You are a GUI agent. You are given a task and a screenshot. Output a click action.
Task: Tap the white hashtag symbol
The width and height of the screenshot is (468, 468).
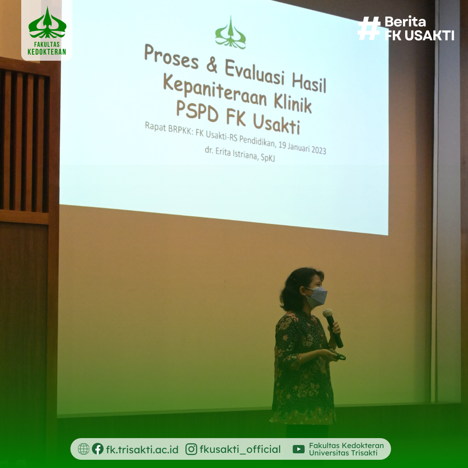coord(369,28)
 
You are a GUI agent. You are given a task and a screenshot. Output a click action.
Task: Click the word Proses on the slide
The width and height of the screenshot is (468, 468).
coord(171,56)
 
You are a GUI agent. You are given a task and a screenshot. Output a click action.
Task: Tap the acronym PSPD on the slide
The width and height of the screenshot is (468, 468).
coord(197,111)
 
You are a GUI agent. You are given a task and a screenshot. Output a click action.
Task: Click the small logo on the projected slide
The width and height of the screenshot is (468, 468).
coord(231,33)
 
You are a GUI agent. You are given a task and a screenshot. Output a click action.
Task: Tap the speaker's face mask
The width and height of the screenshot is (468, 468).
coord(317,297)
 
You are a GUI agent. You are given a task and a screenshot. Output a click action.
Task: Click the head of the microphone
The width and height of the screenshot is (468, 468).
coord(328,313)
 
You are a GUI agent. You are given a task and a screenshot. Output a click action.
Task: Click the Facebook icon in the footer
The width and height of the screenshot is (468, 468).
coord(97,449)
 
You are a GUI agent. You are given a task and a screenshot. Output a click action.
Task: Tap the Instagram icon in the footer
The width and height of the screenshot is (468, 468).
coord(192,449)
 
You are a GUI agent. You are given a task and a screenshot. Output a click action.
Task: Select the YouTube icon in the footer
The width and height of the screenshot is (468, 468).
coord(299,449)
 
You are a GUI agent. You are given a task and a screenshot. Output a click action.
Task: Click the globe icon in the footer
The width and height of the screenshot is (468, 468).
coord(84,449)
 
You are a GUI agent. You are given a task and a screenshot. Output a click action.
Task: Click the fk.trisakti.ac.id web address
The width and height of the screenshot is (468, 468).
coord(143,449)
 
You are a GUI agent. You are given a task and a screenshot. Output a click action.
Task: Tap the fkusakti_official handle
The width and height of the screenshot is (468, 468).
coord(240,449)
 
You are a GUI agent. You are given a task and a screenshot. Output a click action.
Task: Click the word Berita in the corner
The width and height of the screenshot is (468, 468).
coord(405,22)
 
